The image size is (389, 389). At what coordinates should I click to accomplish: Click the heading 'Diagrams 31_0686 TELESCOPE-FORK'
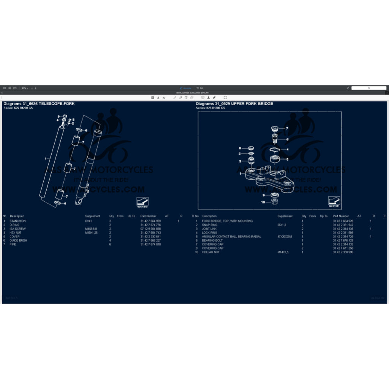pos(39,104)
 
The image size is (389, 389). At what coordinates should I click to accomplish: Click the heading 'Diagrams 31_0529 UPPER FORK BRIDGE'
pos(234,104)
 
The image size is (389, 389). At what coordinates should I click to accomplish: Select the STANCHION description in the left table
pos(17,221)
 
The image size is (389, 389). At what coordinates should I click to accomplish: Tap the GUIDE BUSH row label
pos(18,240)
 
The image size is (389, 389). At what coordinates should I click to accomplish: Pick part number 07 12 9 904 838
pos(150,229)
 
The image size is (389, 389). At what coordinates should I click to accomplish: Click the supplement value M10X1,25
pos(91,232)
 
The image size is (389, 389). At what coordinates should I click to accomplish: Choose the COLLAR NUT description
pos(210,252)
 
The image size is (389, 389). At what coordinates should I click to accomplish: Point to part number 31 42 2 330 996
pos(343,252)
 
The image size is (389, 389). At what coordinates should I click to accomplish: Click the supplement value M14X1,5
pos(283,252)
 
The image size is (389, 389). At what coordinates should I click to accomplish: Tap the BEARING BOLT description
pos(212,240)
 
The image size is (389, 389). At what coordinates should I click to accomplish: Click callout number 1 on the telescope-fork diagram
pos(45,158)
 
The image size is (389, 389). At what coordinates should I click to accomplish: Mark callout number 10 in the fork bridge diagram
pos(263,202)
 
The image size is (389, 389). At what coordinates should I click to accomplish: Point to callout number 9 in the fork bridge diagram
pos(263,195)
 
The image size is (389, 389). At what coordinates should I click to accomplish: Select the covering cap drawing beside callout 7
pos(275,128)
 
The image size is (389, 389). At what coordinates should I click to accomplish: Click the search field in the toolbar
pos(368,88)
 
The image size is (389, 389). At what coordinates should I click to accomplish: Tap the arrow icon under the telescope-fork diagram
pos(142,201)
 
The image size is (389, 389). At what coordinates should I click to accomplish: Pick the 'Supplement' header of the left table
pos(93,216)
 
